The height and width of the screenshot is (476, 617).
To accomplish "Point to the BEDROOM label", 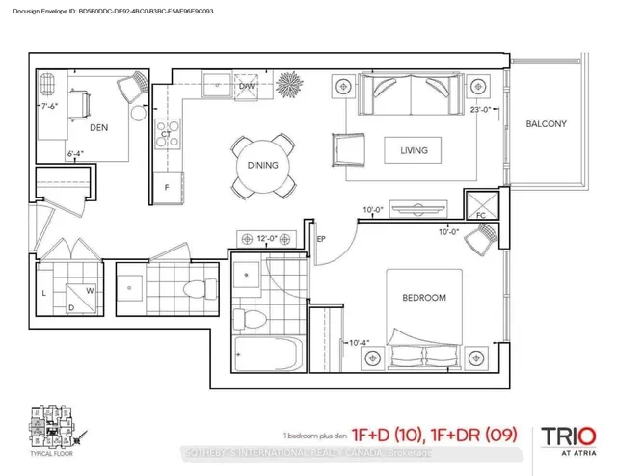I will coord(423,298).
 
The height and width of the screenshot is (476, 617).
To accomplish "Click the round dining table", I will coord(262,164).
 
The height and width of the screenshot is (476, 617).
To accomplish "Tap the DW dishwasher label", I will coord(248,86).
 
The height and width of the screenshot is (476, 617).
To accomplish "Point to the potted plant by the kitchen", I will coord(288,82).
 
